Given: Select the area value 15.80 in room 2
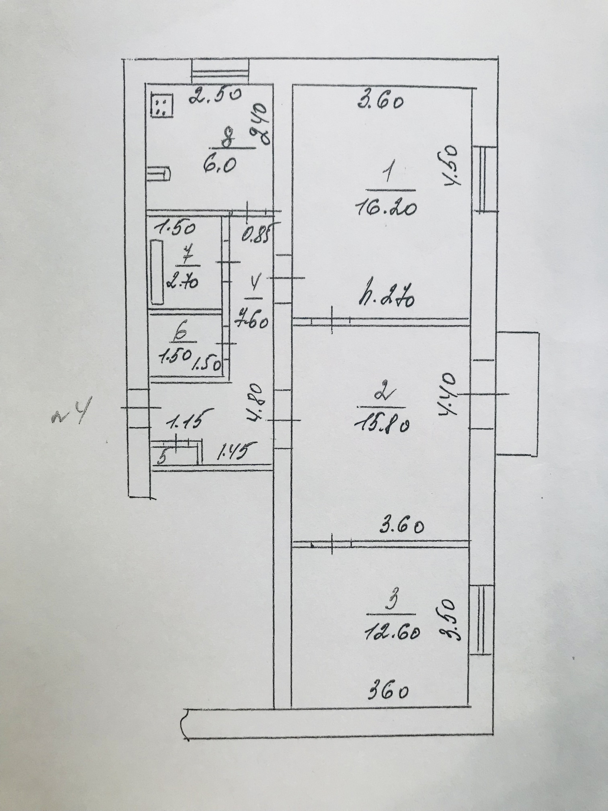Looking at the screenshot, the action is [x=382, y=425].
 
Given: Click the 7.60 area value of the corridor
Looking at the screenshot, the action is [x=251, y=322].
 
